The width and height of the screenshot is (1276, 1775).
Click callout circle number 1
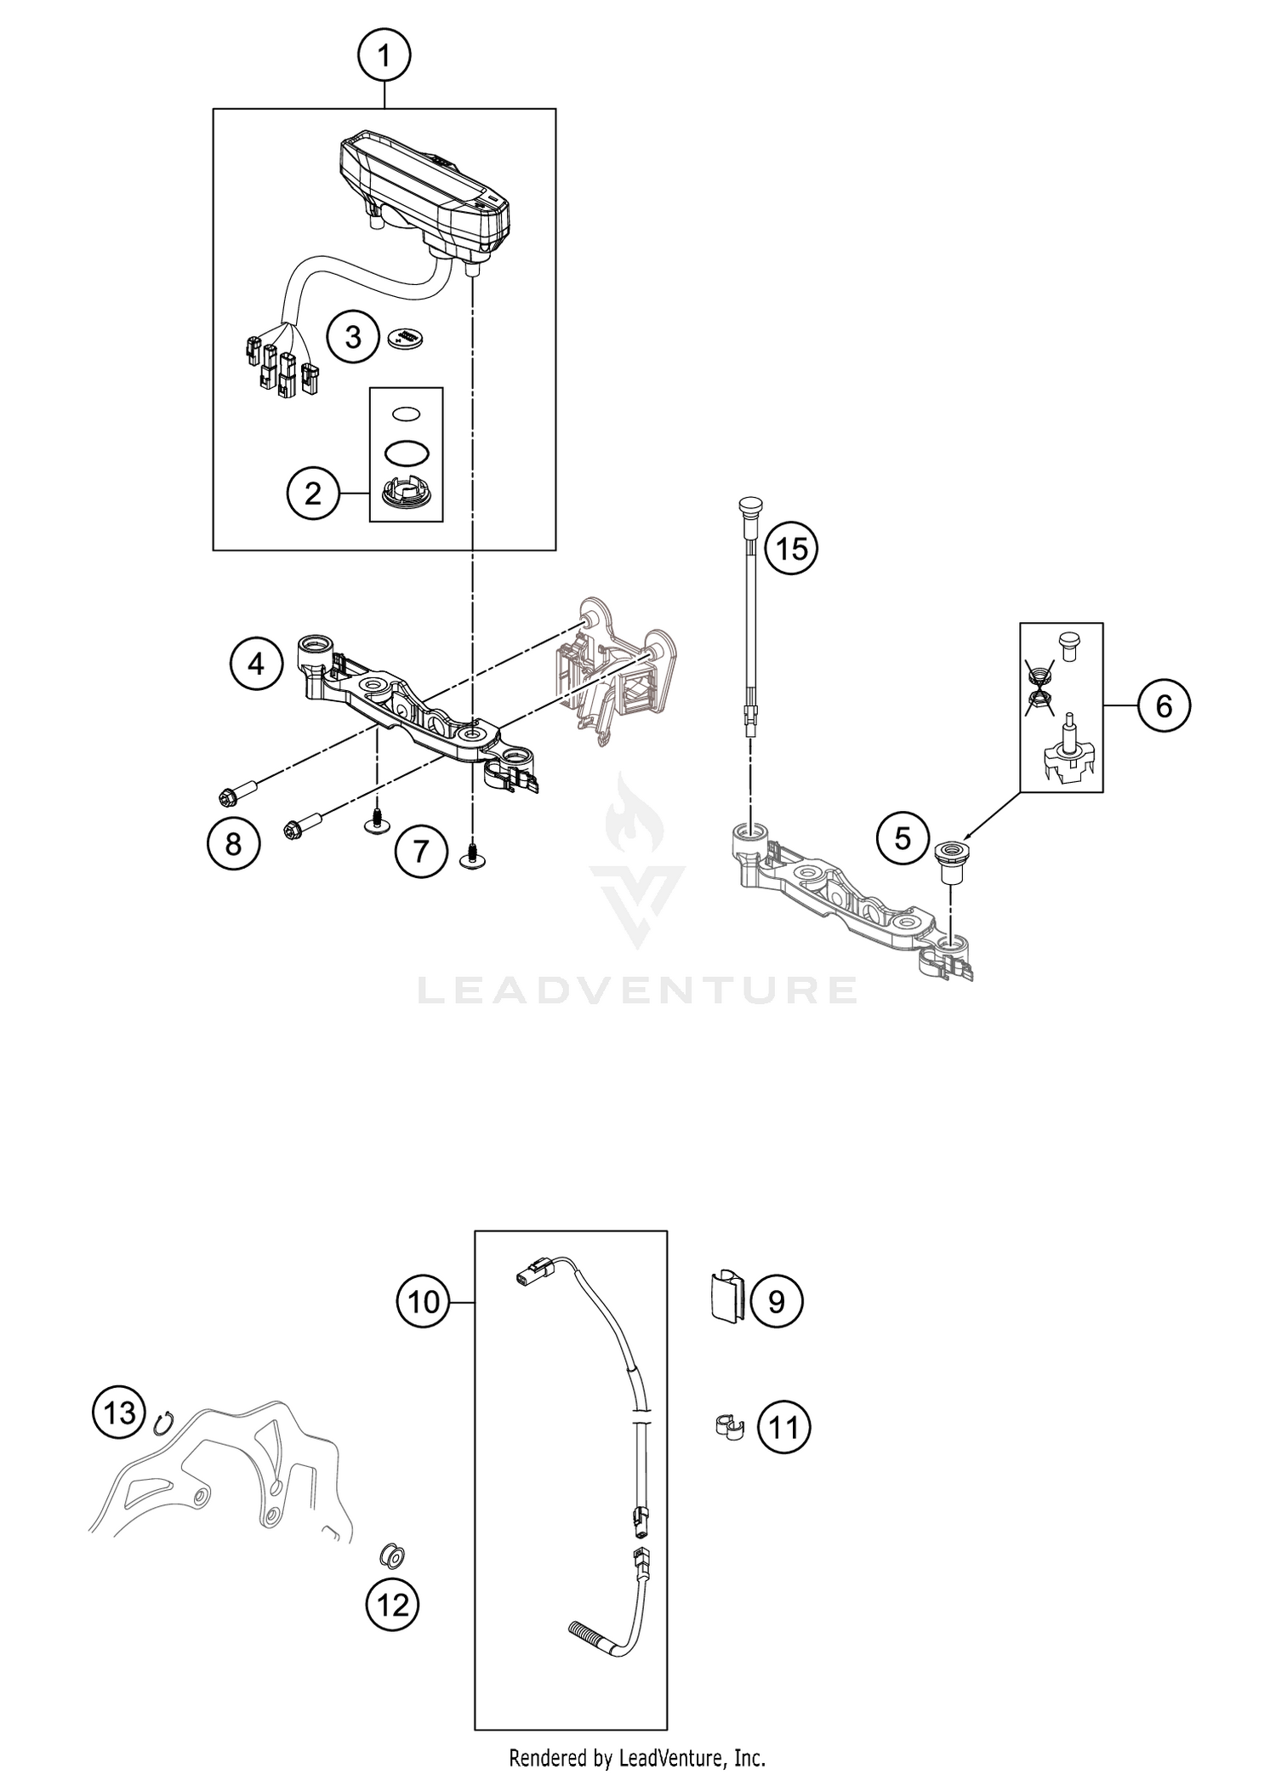pyautogui.click(x=384, y=57)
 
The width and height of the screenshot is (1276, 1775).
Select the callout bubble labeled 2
pyautogui.click(x=313, y=493)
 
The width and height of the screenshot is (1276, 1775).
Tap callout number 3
pyautogui.click(x=353, y=338)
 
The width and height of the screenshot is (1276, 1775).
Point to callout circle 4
pyautogui.click(x=256, y=663)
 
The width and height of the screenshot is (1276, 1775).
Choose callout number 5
pyautogui.click(x=903, y=838)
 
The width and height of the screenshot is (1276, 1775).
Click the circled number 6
pyautogui.click(x=1164, y=705)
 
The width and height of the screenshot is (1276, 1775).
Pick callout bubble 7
pyautogui.click(x=420, y=850)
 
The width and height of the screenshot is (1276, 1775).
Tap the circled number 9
pyautogui.click(x=777, y=1301)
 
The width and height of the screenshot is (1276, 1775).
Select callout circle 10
pyautogui.click(x=423, y=1301)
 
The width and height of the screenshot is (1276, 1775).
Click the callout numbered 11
pyautogui.click(x=783, y=1427)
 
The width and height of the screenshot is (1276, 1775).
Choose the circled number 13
pyautogui.click(x=119, y=1413)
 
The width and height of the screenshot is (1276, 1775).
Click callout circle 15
pyautogui.click(x=791, y=549)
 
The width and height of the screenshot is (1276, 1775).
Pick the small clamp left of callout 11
pyautogui.click(x=726, y=1426)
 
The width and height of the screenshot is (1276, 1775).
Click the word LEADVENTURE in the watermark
pyautogui.click(x=637, y=989)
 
